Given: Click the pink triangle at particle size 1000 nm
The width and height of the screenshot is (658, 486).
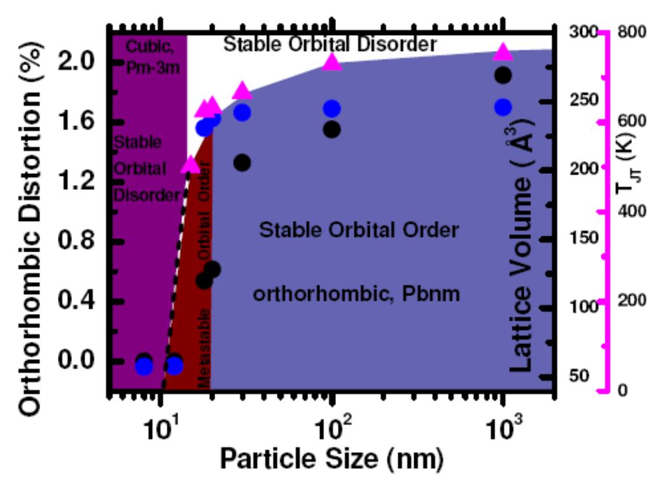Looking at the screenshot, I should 503,53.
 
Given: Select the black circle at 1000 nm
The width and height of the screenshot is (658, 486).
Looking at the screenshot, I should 503,75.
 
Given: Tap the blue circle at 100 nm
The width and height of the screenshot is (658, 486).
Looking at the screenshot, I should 332,109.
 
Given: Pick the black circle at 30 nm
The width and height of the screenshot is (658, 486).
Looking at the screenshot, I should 242,162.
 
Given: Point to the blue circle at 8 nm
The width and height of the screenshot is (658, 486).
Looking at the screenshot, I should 144,366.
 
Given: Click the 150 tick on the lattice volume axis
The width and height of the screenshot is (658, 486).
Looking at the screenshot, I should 581,238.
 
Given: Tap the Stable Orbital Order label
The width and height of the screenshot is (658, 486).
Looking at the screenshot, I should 359,229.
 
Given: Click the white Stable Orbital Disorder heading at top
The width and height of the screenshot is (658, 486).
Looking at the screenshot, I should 331,44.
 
